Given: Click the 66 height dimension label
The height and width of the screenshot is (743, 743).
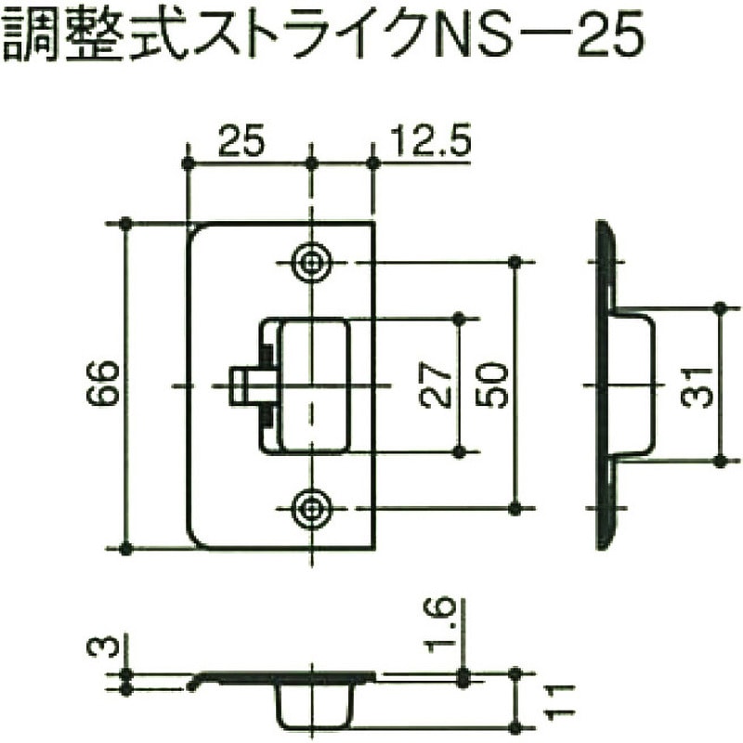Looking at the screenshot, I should coord(105,384).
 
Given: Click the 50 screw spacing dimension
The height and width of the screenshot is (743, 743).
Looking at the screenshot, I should coord(493,385).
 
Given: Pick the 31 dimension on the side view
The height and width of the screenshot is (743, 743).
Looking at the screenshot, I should coord(698,384).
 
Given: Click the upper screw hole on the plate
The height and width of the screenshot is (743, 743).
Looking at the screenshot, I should coord(311,263).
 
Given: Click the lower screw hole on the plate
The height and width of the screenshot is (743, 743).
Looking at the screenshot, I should coord(311,507).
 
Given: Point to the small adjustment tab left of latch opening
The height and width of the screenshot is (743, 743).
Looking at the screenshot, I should coord(249,385).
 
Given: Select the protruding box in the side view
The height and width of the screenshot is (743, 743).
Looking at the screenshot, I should coord(632,384).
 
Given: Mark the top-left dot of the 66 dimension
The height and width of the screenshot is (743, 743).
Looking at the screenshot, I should coord(125,224).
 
